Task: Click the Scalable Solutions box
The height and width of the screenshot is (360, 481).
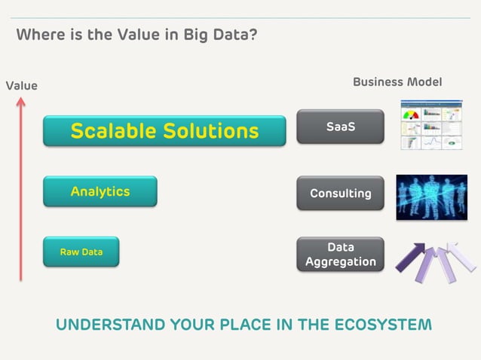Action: (164, 131)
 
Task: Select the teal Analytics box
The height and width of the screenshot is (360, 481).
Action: (100, 191)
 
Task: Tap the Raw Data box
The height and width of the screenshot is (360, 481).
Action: (81, 252)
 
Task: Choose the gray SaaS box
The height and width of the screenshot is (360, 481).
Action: (341, 127)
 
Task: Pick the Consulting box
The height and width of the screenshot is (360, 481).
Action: (341, 193)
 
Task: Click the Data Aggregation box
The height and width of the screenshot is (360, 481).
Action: (341, 255)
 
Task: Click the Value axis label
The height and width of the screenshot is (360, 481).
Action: (22, 86)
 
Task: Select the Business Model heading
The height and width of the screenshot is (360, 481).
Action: (397, 81)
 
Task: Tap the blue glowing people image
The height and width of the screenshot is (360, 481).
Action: (431, 197)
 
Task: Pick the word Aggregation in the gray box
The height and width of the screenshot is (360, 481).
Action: (341, 262)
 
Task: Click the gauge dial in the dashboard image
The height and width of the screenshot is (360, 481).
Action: (412, 115)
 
